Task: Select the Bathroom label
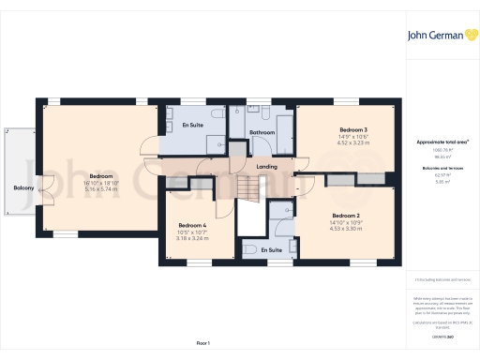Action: [x=262, y=132]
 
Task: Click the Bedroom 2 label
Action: [x=345, y=215]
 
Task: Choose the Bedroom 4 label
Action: [x=192, y=225]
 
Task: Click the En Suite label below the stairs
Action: [x=271, y=250]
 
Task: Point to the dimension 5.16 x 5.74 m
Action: [x=101, y=188]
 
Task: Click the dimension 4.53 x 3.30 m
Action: [x=345, y=228]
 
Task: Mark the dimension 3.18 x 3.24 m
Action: [x=192, y=238]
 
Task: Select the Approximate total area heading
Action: [x=442, y=142]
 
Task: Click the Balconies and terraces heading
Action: [x=442, y=168]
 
